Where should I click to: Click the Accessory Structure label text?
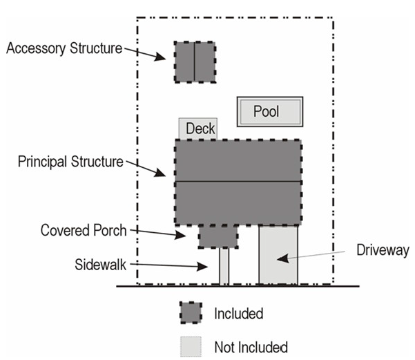point(64,48)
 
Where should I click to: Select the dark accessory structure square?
point(194,62)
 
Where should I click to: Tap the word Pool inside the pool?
point(266,111)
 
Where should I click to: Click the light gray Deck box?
point(197,129)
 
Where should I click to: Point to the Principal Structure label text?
point(70,162)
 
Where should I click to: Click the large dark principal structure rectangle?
point(238,182)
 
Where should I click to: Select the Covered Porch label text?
point(83,230)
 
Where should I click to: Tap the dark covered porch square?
point(218,236)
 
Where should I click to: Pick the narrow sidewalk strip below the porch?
point(224,266)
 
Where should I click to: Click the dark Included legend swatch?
point(191,313)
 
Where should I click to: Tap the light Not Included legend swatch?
point(191,346)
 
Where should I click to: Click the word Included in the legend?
point(238,314)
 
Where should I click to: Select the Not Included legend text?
point(251,346)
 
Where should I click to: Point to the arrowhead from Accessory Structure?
point(163,58)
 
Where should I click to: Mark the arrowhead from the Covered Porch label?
point(185,236)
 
